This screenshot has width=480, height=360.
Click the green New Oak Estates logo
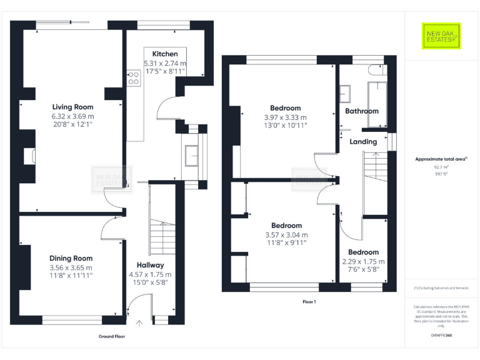[x=441, y=36]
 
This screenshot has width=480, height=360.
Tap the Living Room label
[x=72, y=107]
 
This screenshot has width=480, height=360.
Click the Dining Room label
[x=71, y=258]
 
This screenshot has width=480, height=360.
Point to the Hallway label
[x=150, y=265]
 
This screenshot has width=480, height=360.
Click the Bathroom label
[x=362, y=111]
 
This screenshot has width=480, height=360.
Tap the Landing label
[x=363, y=142]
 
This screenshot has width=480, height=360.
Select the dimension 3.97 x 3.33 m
[x=285, y=117]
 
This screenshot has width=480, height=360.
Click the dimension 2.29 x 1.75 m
[x=363, y=261]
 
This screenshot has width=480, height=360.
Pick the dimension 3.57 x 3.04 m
[x=286, y=235]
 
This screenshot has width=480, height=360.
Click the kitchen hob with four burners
[x=134, y=78]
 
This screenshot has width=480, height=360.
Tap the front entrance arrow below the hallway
[x=139, y=322]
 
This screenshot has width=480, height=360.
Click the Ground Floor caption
[x=111, y=336]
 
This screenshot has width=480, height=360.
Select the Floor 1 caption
[x=309, y=301]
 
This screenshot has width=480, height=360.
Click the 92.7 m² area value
[x=441, y=167]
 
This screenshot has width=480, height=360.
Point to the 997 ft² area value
[x=441, y=174]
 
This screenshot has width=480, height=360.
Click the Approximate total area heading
[x=441, y=159]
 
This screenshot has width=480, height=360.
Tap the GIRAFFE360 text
[x=441, y=336]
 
